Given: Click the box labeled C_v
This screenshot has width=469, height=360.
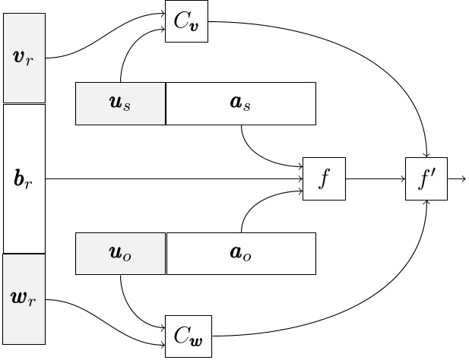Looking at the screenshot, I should click(x=186, y=21).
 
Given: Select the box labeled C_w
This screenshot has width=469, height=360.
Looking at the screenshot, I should click(x=189, y=335).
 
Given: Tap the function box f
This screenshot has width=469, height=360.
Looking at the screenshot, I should click(x=324, y=179).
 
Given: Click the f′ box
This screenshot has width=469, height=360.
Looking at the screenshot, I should click(x=426, y=179).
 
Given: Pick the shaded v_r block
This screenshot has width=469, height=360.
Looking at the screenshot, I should click(x=24, y=58).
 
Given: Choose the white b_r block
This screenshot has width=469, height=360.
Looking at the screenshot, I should click(x=24, y=179).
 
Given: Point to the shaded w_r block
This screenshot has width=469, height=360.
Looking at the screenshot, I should click(x=24, y=299).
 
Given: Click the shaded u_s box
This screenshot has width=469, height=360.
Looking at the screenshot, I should click(x=120, y=103).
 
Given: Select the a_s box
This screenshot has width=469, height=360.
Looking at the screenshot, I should click(x=240, y=103).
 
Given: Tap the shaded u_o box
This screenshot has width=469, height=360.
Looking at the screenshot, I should click(x=120, y=254).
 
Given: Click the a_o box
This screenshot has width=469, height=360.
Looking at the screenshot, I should click(x=240, y=254).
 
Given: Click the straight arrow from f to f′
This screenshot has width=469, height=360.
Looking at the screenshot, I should click(x=376, y=179).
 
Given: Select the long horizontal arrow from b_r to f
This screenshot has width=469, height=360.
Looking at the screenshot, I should click(x=175, y=179).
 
